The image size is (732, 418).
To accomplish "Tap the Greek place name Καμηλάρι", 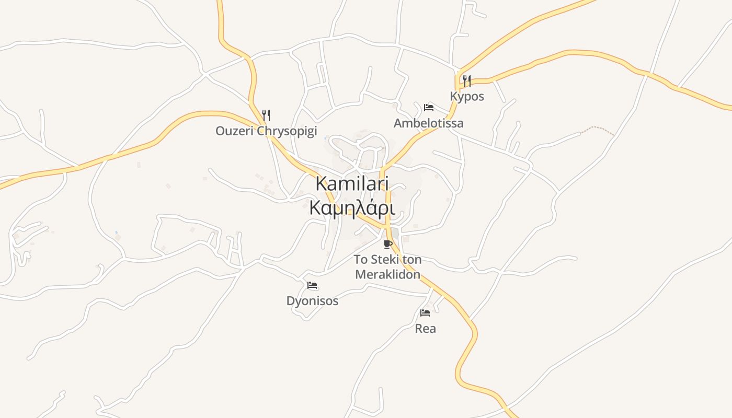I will pyautogui.click(x=351, y=208).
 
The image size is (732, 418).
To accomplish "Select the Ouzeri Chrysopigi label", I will pyautogui.click(x=266, y=131).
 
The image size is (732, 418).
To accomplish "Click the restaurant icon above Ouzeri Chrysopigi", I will pyautogui.click(x=266, y=115).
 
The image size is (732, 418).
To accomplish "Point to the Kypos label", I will pyautogui.click(x=467, y=97).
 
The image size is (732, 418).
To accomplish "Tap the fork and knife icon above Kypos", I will pyautogui.click(x=467, y=81).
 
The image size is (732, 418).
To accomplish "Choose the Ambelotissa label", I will pyautogui.click(x=428, y=123).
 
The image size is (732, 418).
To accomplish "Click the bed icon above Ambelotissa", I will pyautogui.click(x=429, y=108).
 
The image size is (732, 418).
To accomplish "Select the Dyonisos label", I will pyautogui.click(x=312, y=301).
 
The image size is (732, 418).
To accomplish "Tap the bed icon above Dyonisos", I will pyautogui.click(x=313, y=285).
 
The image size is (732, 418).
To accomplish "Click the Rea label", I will pyautogui.click(x=425, y=329).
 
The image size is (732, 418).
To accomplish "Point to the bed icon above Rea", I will pyautogui.click(x=425, y=313).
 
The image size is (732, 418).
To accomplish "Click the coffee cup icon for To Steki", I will pyautogui.click(x=387, y=244).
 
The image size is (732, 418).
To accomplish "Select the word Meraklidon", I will pyautogui.click(x=387, y=274).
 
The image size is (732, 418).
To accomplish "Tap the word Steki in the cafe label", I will pyautogui.click(x=385, y=260).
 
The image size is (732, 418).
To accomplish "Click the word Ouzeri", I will pyautogui.click(x=235, y=131).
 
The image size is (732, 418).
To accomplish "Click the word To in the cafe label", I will pyautogui.click(x=360, y=260).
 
